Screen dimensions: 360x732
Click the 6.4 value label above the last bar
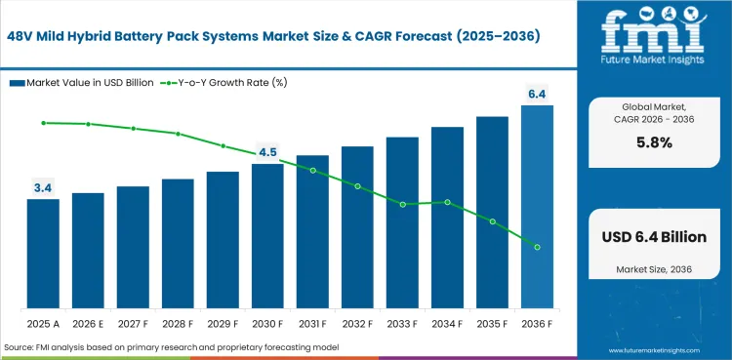coord(537,94)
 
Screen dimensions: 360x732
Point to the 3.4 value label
coord(43,186)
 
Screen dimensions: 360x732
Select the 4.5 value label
coord(267,152)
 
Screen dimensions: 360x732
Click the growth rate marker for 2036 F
coord(537,247)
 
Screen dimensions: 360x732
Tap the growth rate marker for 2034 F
coord(447,202)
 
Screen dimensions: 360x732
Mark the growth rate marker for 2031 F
coord(312,170)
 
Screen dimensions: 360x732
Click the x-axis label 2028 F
coord(178,323)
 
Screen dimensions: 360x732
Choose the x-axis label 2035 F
coord(492,323)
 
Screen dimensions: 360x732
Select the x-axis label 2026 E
coord(88,323)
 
